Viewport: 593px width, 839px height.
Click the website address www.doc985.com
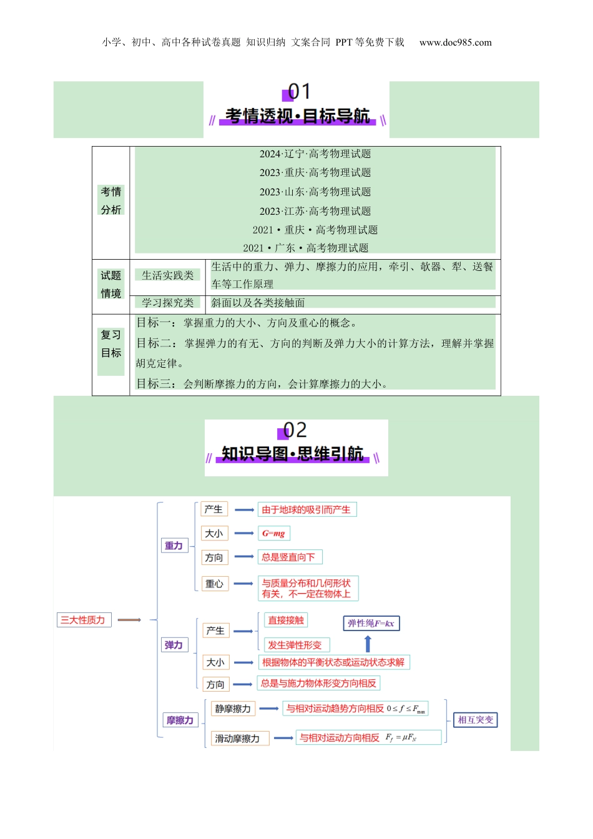click(455, 42)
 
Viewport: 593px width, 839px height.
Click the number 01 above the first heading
click(298, 92)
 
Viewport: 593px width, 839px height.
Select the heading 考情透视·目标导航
click(297, 116)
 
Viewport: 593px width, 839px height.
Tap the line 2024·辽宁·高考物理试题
click(315, 154)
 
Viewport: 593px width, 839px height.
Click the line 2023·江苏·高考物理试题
click(315, 211)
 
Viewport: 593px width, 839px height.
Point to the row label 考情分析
click(111, 200)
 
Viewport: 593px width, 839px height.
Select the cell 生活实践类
click(167, 275)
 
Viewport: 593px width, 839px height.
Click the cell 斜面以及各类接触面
click(258, 303)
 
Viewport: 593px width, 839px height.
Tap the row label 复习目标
click(111, 344)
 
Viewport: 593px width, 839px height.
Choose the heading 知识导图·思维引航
click(292, 454)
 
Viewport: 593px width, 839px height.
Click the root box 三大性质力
click(83, 620)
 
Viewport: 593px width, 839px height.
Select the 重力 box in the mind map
click(174, 546)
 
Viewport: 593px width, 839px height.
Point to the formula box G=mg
click(273, 534)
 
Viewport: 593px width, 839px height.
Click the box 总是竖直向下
click(288, 557)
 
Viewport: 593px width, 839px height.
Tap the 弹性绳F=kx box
click(371, 623)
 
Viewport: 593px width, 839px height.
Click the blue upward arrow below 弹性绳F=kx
click(368, 644)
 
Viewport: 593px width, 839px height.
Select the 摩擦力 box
click(180, 720)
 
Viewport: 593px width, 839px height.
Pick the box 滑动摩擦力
click(238, 738)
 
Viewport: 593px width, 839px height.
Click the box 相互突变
click(476, 720)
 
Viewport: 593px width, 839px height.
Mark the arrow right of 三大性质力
click(129, 620)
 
